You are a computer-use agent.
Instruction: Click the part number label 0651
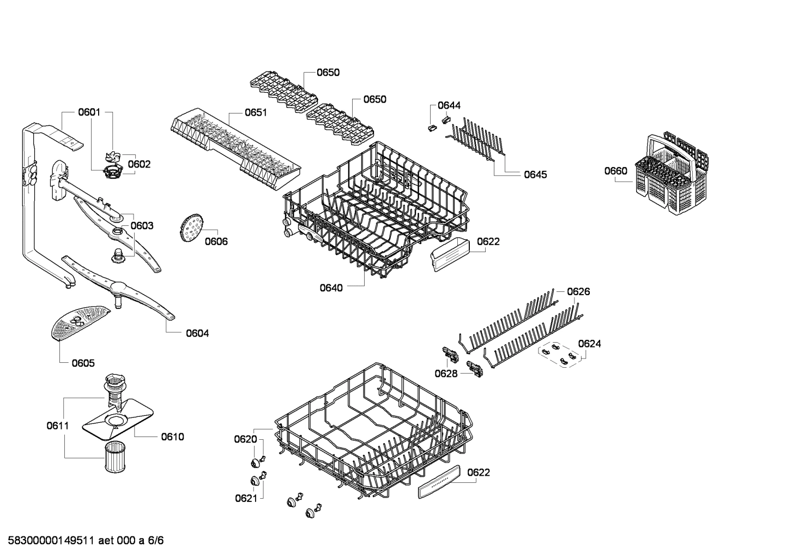255,113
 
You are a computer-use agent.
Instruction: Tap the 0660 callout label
615,171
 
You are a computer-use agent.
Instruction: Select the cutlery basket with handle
674,169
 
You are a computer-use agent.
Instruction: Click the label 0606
216,241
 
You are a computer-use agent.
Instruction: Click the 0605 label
83,363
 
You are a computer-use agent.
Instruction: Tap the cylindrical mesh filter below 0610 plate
115,458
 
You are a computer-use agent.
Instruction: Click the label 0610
172,437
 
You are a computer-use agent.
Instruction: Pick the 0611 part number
57,426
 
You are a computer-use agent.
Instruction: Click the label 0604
197,333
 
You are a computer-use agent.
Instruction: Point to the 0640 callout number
331,288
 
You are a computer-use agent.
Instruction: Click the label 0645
535,175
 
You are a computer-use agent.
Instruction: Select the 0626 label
578,292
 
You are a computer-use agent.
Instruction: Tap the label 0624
590,344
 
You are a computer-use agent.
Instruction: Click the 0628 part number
446,373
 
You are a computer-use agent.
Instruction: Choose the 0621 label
246,498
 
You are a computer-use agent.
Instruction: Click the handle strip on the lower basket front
439,481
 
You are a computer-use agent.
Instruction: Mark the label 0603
142,225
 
